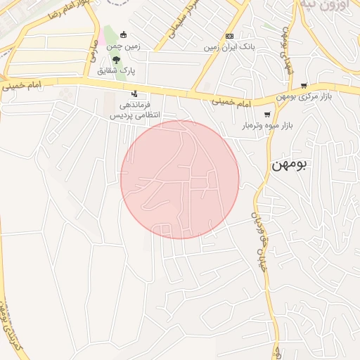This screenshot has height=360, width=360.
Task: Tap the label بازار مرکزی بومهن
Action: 304,96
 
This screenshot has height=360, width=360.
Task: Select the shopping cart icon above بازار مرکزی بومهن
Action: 304,86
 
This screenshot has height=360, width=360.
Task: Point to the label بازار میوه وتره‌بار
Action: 267,126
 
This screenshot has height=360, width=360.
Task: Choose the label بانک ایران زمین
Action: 229,47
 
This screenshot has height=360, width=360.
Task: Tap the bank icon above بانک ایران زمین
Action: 229,37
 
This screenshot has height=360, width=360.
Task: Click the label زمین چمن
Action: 124,46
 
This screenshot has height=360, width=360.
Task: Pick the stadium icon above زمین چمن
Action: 124,35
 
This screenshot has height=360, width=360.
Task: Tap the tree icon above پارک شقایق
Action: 116,60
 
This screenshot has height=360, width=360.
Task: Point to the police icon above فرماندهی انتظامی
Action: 134,94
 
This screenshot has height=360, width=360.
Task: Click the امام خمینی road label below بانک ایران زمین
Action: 231,103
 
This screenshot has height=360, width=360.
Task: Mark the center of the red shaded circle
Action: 180,179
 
